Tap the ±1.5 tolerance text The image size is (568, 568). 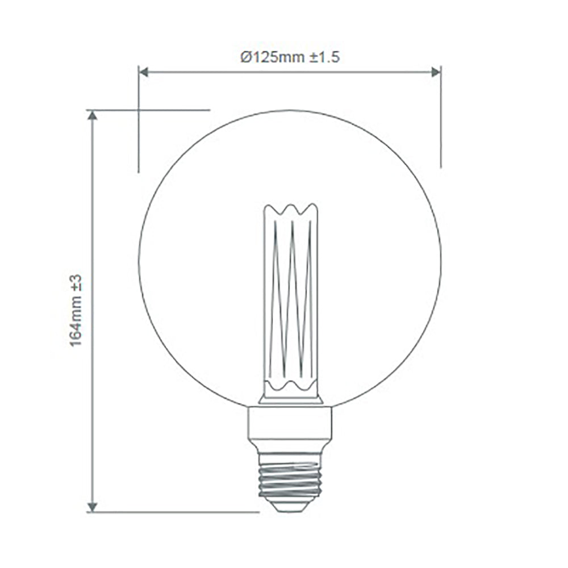coord(324,57)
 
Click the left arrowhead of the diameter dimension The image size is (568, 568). coord(144,72)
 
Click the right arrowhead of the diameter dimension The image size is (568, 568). coord(436,72)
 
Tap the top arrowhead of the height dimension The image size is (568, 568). coord(93,115)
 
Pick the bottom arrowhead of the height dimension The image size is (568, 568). coord(93,507)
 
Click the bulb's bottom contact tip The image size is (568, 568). coord(290,505)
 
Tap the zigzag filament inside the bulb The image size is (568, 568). coord(290,295)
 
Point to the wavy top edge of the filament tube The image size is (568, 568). coord(290,209)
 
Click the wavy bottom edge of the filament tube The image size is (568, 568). coord(290,388)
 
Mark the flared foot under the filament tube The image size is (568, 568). coord(290,399)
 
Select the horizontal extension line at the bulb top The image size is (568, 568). coord(170,110)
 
